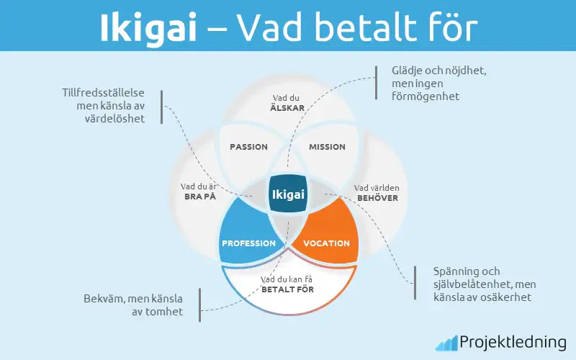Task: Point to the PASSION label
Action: [x=248, y=147]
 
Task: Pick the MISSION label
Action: [x=327, y=147]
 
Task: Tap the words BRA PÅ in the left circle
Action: [x=199, y=197]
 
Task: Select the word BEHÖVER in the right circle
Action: [x=377, y=197]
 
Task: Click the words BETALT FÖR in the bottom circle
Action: [x=288, y=289]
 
